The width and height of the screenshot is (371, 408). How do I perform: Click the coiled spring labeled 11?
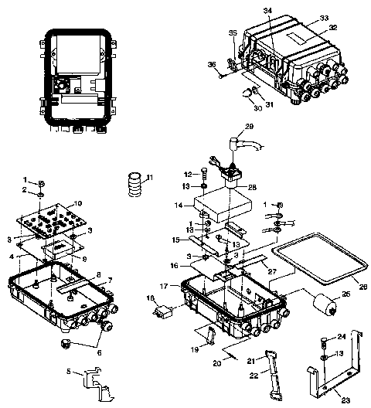point(135,186)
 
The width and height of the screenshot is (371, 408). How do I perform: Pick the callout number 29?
point(250,125)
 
